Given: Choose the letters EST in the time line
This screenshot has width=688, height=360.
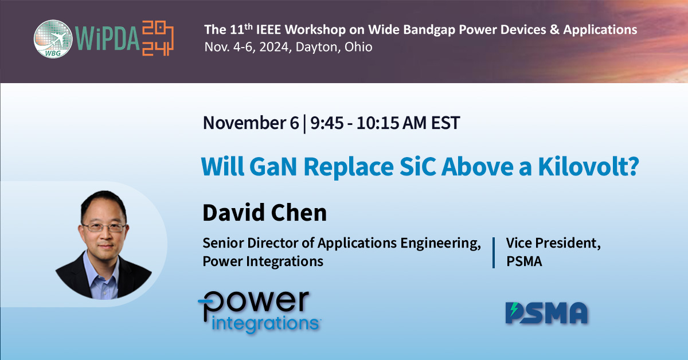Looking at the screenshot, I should [x=444, y=123].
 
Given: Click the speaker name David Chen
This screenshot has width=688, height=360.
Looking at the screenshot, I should [x=264, y=213].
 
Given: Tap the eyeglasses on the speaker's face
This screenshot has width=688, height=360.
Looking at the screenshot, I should [x=103, y=227].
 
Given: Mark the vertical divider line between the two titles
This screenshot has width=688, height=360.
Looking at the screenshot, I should [x=494, y=252].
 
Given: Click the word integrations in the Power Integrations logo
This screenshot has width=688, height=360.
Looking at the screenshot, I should [x=265, y=322].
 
